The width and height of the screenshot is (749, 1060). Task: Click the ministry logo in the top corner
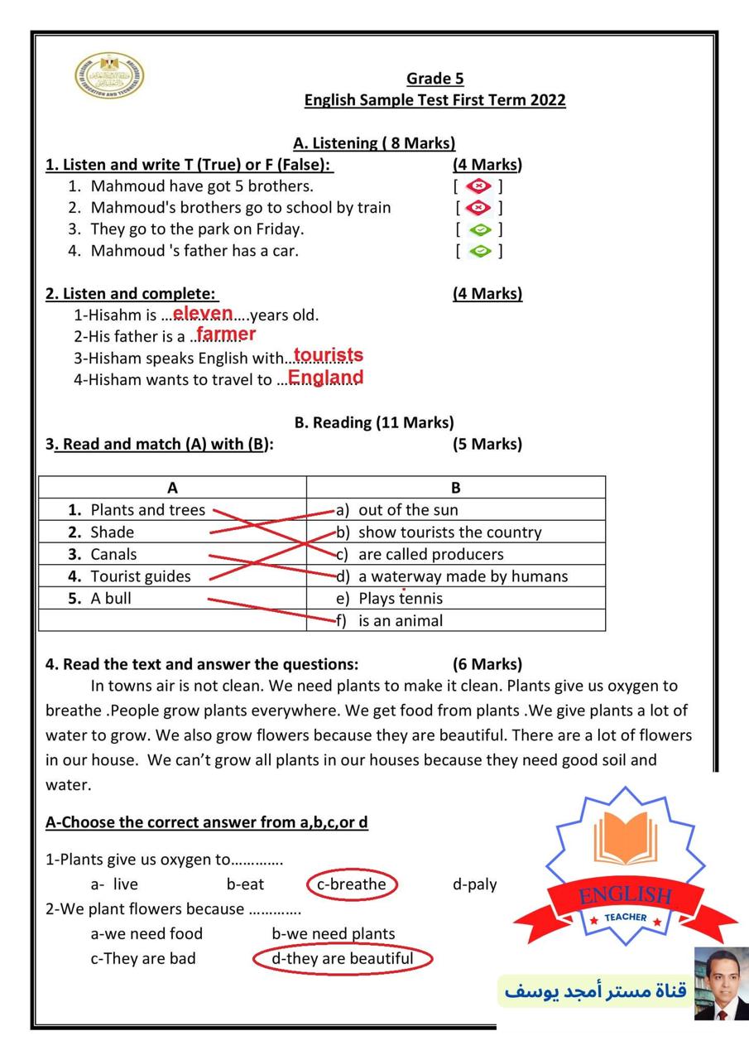pos(108,76)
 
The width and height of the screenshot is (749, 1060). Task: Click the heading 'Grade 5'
pos(435,79)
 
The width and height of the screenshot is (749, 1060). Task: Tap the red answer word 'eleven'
pos(203,313)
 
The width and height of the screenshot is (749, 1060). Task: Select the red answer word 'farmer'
pos(226,335)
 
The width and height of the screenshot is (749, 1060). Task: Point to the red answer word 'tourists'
pos(329,355)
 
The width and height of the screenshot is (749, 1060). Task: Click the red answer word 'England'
pos(325,378)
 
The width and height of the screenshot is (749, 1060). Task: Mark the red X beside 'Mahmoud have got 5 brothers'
pos(478,186)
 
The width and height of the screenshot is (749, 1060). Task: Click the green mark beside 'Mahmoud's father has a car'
pos(479,251)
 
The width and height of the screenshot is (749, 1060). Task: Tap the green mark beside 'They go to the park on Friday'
pos(479,229)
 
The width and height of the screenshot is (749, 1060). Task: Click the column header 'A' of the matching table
pos(172,488)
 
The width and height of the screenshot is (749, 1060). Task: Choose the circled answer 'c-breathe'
pos(352,884)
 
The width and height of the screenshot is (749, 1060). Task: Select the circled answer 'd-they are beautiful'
pos(343,959)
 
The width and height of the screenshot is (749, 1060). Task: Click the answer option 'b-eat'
pos(246,884)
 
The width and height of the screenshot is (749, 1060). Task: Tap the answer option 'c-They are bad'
pos(143,959)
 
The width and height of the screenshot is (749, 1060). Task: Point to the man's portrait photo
pos(720,983)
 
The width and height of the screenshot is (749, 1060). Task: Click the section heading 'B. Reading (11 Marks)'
pos(374,422)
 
